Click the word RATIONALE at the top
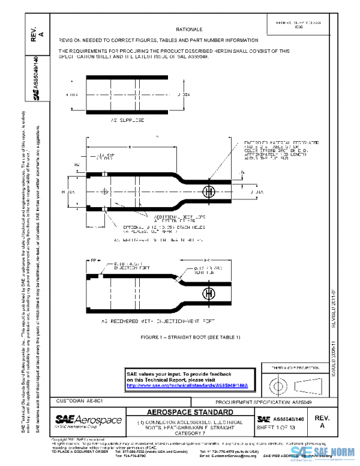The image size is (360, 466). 189,29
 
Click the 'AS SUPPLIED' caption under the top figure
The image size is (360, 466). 128,120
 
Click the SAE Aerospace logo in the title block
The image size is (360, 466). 88,420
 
